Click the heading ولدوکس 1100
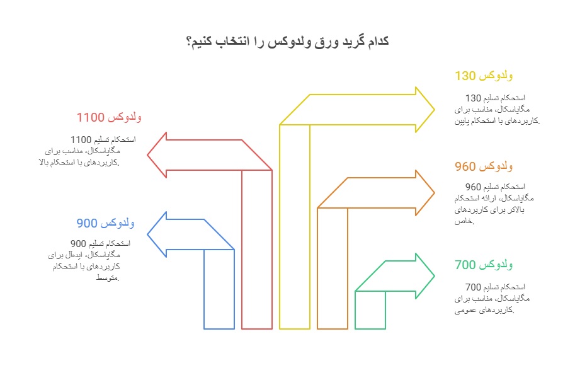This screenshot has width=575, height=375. point(109,118)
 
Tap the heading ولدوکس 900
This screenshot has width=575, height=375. point(105,223)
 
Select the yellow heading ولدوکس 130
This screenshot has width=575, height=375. point(484,76)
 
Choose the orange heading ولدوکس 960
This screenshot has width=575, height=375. point(484,167)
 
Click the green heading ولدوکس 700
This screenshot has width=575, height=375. point(484,264)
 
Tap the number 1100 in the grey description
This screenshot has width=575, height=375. point(81,139)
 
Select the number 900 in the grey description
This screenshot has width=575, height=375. point(77,244)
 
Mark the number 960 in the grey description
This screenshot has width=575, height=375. point(473,187)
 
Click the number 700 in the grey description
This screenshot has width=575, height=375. point(473,287)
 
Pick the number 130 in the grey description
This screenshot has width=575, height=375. point(473,98)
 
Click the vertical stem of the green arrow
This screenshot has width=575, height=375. point(370,310)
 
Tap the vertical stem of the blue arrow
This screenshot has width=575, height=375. point(219,290)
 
